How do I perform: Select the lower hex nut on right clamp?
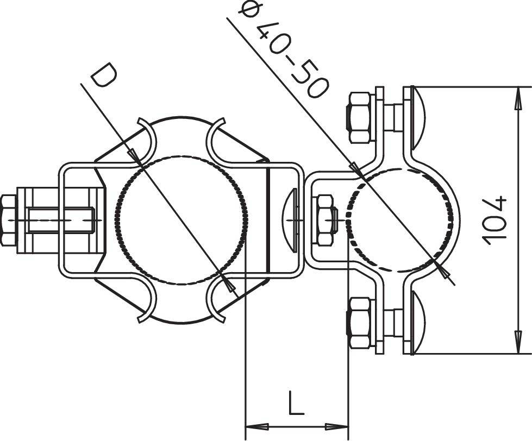[x=359, y=323]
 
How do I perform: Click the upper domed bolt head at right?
[x=416, y=117]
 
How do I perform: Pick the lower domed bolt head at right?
[x=416, y=324]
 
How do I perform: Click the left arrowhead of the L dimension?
[x=253, y=425]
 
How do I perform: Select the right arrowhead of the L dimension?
[x=341, y=425]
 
